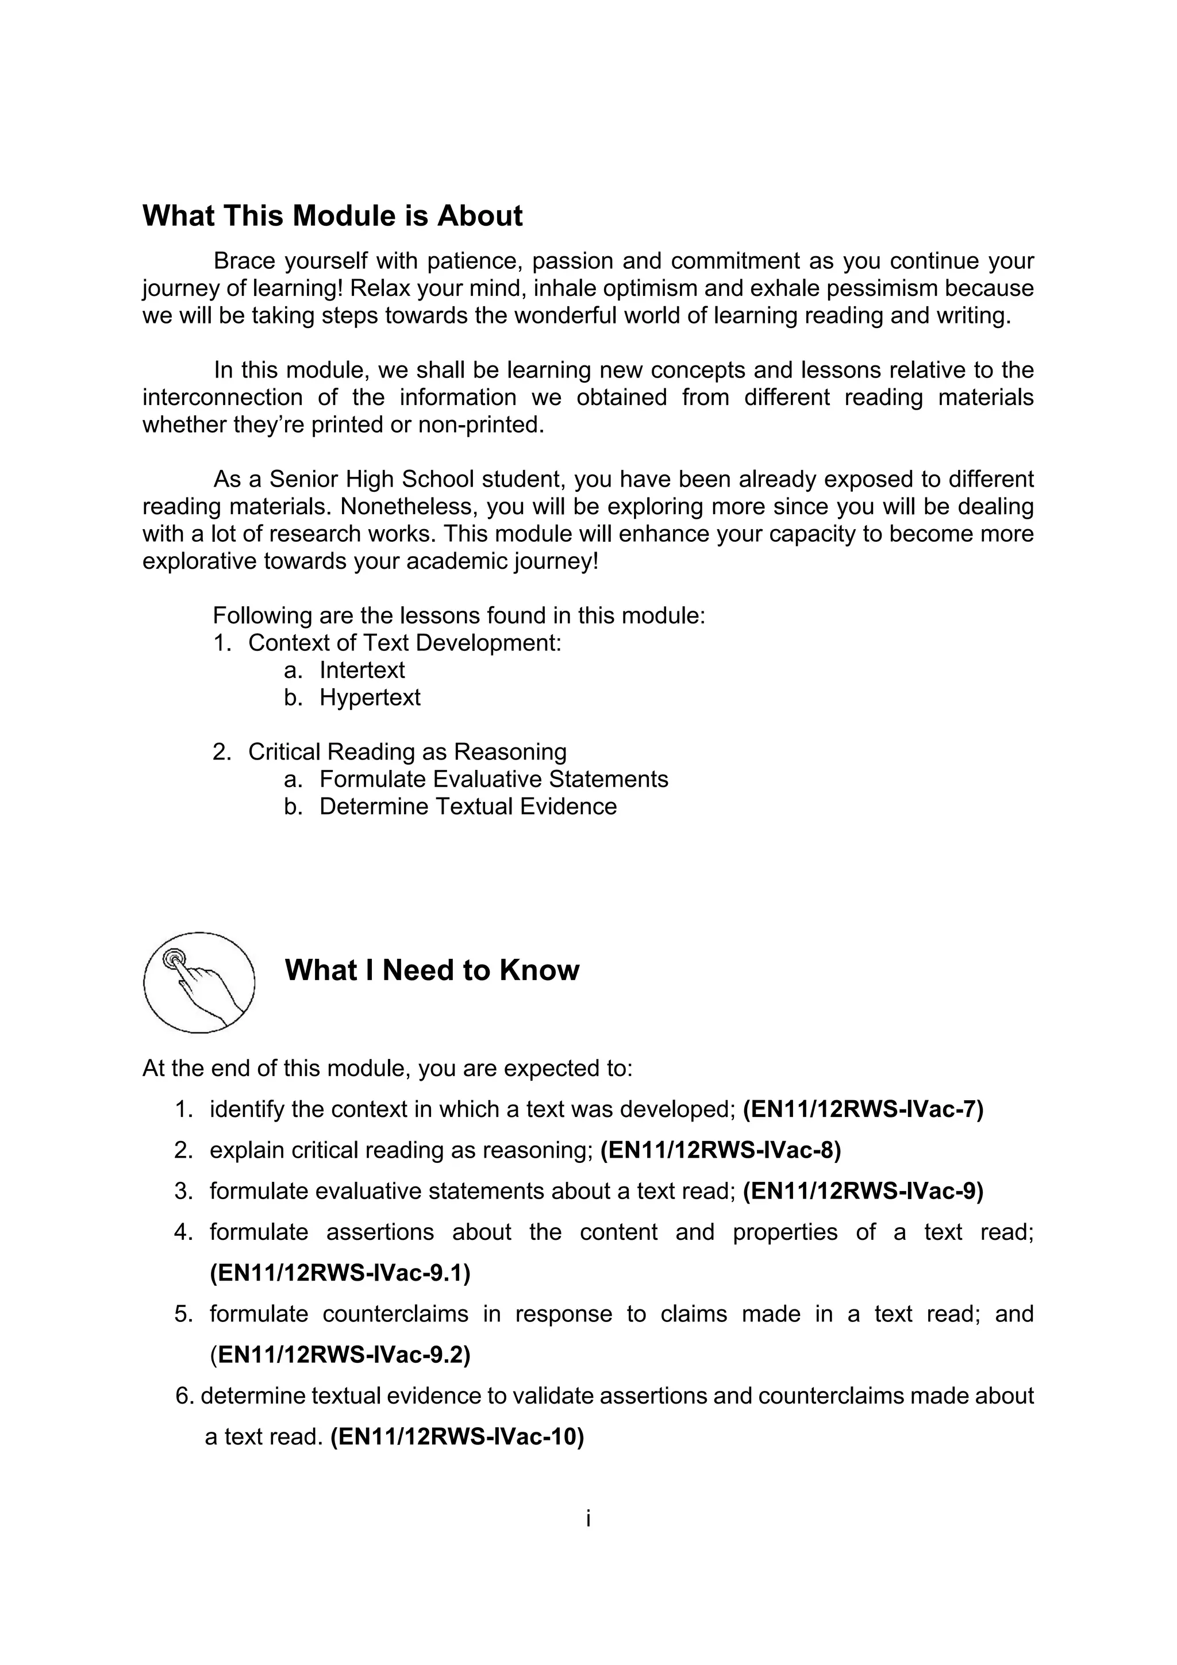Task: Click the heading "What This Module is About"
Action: click(332, 216)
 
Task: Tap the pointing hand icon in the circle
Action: click(199, 982)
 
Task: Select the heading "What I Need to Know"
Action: click(432, 970)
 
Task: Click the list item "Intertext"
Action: click(362, 670)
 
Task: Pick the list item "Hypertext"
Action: click(370, 697)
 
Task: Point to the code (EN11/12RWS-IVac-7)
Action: click(863, 1109)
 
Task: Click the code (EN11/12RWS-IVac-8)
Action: click(721, 1150)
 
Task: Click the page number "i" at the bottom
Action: click(588, 1518)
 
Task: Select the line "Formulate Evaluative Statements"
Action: click(494, 779)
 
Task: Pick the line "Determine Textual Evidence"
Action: click(468, 807)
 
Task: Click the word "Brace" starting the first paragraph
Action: click(244, 261)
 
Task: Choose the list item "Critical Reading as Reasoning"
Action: click(407, 752)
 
